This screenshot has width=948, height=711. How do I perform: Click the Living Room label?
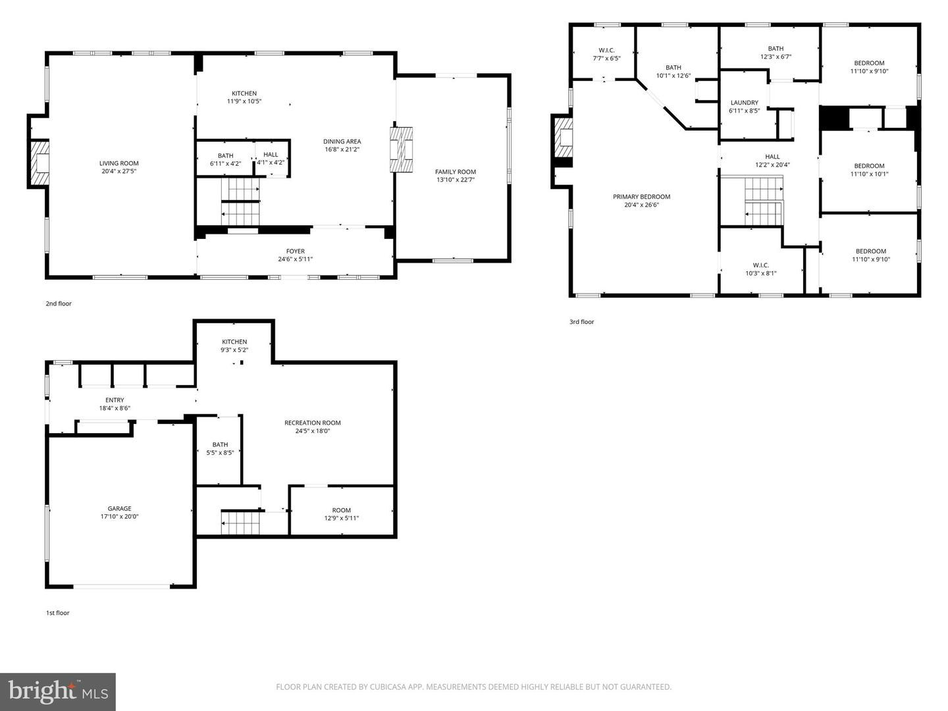tap(119, 163)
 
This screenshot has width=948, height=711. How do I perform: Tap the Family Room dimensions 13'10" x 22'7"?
tap(455, 180)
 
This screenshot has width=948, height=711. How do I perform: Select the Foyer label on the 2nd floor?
tap(295, 251)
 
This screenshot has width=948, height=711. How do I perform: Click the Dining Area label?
tap(342, 142)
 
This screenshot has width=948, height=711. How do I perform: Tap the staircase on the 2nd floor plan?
tap(240, 201)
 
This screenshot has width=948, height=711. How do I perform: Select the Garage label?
tap(119, 508)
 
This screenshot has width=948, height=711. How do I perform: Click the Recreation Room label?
tap(312, 423)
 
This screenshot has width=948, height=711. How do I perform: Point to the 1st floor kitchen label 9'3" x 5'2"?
tap(234, 350)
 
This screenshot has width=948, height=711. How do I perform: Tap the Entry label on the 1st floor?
tap(115, 400)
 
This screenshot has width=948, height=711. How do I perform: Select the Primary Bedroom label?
tap(641, 197)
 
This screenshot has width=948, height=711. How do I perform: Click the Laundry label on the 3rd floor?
tap(744, 103)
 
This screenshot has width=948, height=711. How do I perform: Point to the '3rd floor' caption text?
tap(581, 322)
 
